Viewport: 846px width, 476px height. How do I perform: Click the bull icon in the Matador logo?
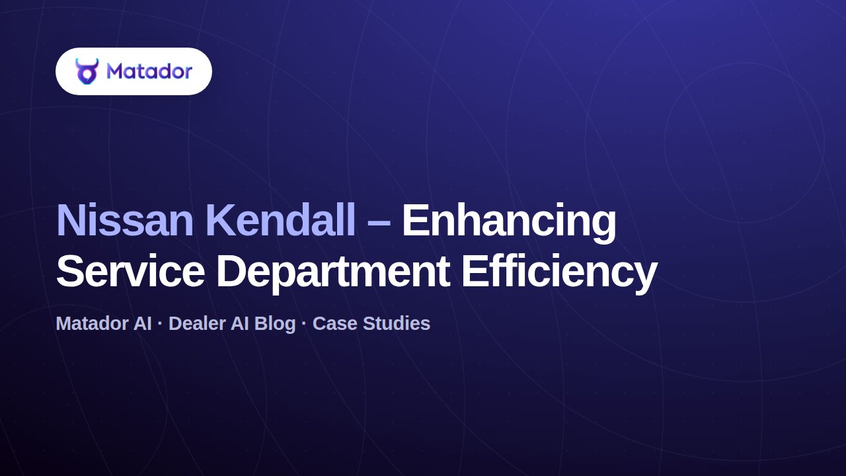pos(87,71)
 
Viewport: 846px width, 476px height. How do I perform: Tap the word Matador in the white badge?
pos(149,71)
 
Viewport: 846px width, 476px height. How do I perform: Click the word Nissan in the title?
pos(125,221)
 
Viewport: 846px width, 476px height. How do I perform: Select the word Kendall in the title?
pos(282,220)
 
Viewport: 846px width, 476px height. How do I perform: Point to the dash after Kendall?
pos(379,223)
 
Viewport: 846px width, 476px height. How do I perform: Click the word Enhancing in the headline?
pos(509,223)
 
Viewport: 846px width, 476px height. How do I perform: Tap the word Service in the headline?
pos(131,271)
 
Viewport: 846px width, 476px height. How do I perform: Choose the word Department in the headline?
pos(332,274)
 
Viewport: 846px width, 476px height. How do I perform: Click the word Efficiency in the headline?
pos(559,274)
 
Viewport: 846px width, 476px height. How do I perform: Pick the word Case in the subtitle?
pos(334,324)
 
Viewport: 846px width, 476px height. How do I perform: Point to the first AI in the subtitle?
pos(142,324)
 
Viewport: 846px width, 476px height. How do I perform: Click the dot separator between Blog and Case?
pos(304,324)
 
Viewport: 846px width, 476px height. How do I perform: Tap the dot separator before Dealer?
pos(160,324)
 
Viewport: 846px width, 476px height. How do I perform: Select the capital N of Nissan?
pos(70,221)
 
